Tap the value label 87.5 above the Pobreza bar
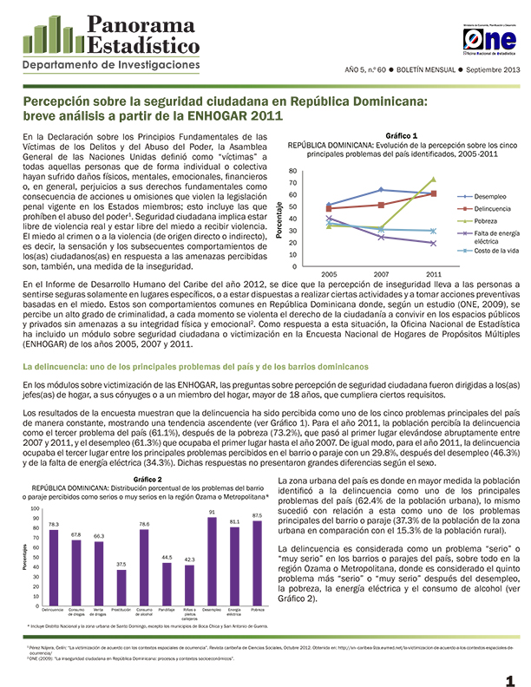pyautogui.click(x=257, y=515)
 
